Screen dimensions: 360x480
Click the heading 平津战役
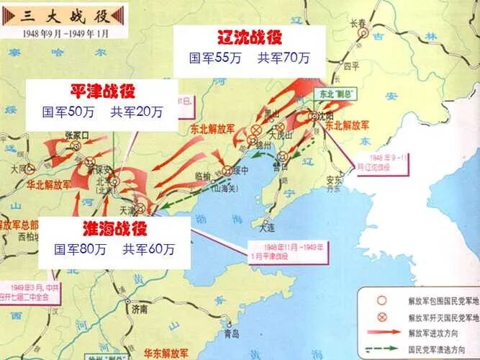point(102,91)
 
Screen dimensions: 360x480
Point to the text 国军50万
point(68,112)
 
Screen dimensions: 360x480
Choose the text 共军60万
point(148,250)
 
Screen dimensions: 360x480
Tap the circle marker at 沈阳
point(314,116)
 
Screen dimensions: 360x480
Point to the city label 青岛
point(232,334)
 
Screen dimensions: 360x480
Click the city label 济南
point(138,309)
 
